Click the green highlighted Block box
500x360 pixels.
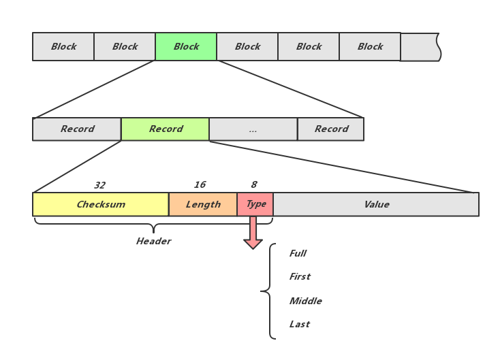click(186, 47)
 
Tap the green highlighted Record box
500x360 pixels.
click(166, 129)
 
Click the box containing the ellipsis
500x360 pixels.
click(253, 129)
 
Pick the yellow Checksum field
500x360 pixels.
click(101, 204)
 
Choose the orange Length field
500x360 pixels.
click(203, 204)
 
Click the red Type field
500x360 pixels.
click(255, 204)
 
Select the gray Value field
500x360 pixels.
click(376, 204)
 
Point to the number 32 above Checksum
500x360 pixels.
click(99, 185)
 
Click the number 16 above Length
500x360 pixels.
click(200, 185)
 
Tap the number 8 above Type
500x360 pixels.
click(253, 185)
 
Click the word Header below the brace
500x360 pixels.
click(153, 242)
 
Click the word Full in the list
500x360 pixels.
click(298, 254)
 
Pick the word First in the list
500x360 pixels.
click(300, 277)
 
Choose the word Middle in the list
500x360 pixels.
click(305, 301)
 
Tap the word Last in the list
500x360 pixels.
click(299, 325)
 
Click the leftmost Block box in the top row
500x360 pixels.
click(63, 47)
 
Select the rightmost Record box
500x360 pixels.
click(331, 129)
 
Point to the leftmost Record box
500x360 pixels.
click(77, 129)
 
